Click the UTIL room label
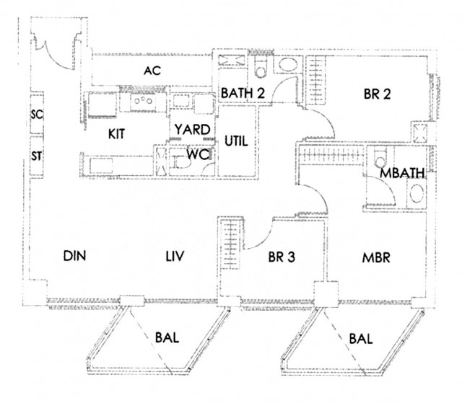point(236,141)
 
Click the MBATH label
point(403,174)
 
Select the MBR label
point(375,257)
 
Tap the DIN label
point(74,256)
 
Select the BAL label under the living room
point(167,337)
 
